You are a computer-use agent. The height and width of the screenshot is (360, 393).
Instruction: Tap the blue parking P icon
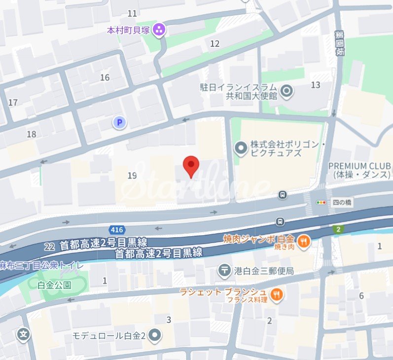118,122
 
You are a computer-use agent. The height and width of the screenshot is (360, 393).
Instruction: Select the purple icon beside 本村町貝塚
159,30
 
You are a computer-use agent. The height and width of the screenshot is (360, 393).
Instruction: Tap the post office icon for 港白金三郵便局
224,270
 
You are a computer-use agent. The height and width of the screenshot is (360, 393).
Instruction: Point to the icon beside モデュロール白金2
156,335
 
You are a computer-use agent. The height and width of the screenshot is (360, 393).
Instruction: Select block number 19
132,176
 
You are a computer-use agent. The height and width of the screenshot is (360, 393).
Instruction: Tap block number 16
105,77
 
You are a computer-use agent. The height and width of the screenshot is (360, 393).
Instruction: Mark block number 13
316,85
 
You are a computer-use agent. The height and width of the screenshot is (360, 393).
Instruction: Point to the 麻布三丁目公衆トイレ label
41,265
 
